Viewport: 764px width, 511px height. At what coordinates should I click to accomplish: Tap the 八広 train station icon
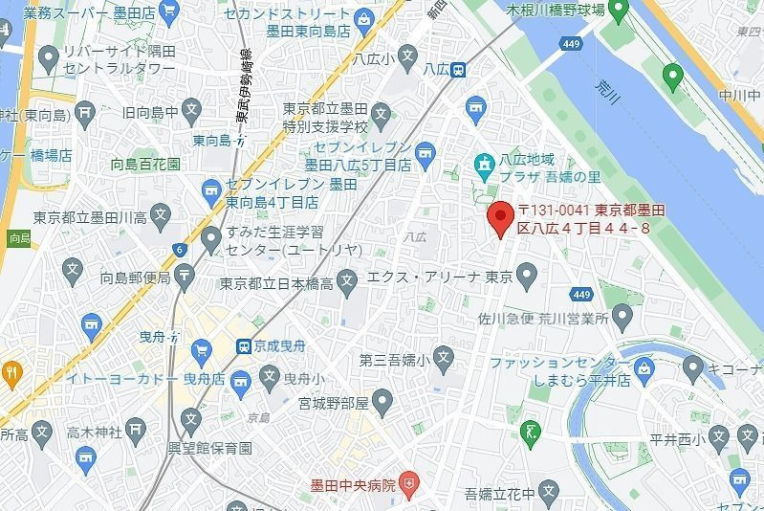pos(460,69)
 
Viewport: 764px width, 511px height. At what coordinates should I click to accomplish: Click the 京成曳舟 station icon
pos(245,345)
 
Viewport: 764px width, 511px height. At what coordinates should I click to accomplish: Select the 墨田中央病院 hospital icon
pos(409,485)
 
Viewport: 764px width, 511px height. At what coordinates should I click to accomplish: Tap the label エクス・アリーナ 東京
pos(441,278)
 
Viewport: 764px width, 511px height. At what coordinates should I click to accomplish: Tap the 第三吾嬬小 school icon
pos(442,360)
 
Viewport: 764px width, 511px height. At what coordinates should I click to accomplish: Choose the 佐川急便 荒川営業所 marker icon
pos(623,315)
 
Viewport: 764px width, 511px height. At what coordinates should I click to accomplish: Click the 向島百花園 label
pos(145,165)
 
